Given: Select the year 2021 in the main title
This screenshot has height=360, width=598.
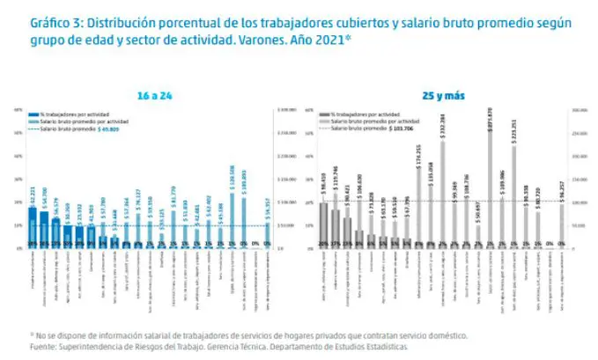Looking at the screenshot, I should [329, 40].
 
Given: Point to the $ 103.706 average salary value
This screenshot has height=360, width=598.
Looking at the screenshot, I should [404, 128].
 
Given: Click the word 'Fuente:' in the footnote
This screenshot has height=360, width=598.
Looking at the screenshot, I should [47, 345].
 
